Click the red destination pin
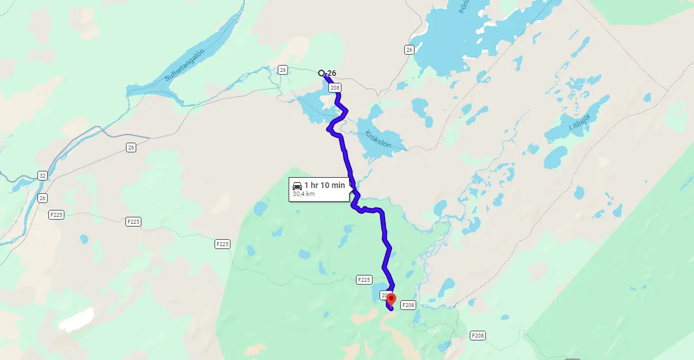pyautogui.click(x=391, y=299)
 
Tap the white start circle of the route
pyautogui.click(x=321, y=73)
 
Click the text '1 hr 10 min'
pyautogui.click(x=325, y=185)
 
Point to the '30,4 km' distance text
pyautogui.click(x=304, y=194)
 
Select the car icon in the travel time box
pyautogui.click(x=297, y=185)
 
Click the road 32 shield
pyautogui.click(x=43, y=175)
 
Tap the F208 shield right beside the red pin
pyautogui.click(x=408, y=305)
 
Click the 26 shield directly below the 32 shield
pyautogui.click(x=43, y=198)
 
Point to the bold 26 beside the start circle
pyautogui.click(x=331, y=73)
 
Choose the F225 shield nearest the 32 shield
pyautogui.click(x=56, y=215)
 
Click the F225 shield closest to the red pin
pyautogui.click(x=364, y=280)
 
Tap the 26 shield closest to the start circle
pyautogui.click(x=282, y=70)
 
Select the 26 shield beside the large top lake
pyautogui.click(x=409, y=49)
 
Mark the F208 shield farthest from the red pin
pyautogui.click(x=478, y=335)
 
